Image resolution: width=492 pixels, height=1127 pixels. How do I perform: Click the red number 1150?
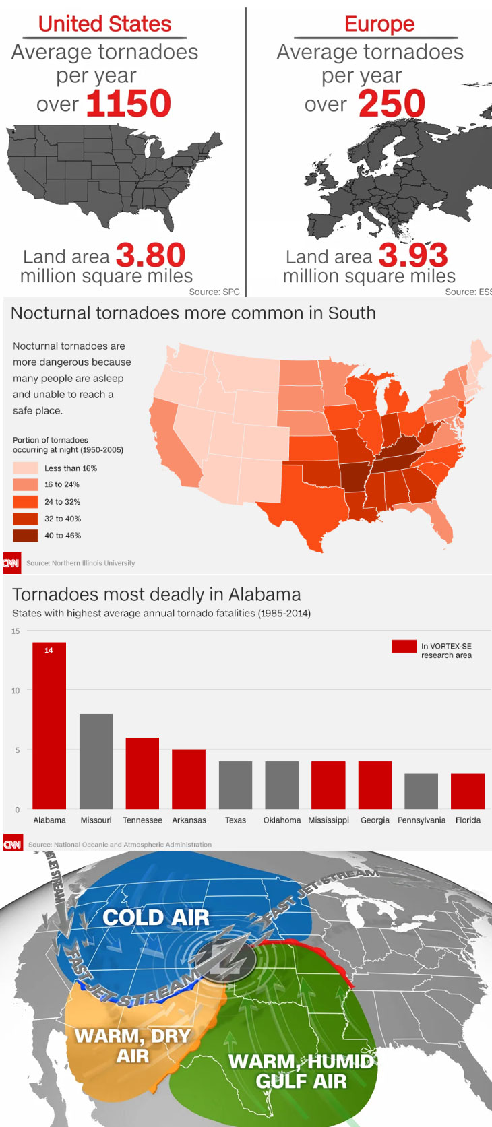tap(129, 103)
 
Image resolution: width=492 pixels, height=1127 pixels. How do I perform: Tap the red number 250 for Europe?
tap(392, 103)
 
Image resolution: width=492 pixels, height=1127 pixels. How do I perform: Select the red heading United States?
tap(104, 24)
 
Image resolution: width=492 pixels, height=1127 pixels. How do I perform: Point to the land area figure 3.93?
tap(413, 255)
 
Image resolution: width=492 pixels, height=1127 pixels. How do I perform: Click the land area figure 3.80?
tap(150, 255)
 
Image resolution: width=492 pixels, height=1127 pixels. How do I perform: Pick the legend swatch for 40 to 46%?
tap(25, 536)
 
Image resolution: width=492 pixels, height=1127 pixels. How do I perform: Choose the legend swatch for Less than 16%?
tap(25, 468)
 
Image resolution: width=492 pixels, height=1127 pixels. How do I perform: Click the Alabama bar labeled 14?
tap(49, 726)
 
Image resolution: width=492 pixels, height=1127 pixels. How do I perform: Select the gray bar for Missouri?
tap(96, 761)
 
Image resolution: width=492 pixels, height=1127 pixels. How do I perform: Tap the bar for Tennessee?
tap(142, 773)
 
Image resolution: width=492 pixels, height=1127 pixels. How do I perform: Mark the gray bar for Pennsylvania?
tap(421, 792)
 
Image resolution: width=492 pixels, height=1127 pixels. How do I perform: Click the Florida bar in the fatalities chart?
tap(468, 792)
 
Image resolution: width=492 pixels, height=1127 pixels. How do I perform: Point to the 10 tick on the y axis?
tap(16, 690)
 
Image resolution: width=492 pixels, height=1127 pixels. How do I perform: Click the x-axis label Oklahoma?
tap(282, 820)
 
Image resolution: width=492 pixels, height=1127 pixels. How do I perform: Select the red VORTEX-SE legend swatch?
tap(404, 647)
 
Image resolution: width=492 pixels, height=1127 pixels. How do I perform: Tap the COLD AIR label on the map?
tap(156, 917)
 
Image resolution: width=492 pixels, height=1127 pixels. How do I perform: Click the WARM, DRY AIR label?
tap(133, 1046)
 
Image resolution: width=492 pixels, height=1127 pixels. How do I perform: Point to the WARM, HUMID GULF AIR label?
tap(301, 1071)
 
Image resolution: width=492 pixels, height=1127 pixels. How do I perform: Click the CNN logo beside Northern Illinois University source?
tap(11, 563)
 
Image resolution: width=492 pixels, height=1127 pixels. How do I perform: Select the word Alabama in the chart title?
tap(264, 595)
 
